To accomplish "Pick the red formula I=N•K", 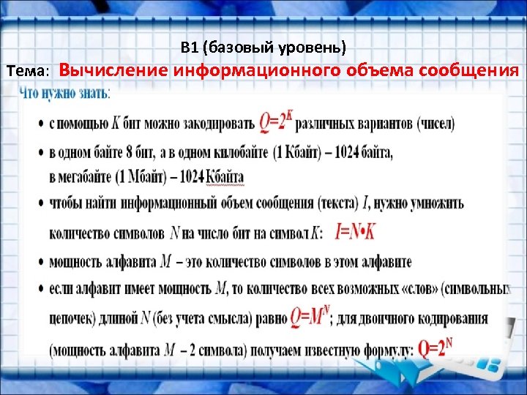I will click(x=355, y=232).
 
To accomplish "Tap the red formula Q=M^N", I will click(x=309, y=316).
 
